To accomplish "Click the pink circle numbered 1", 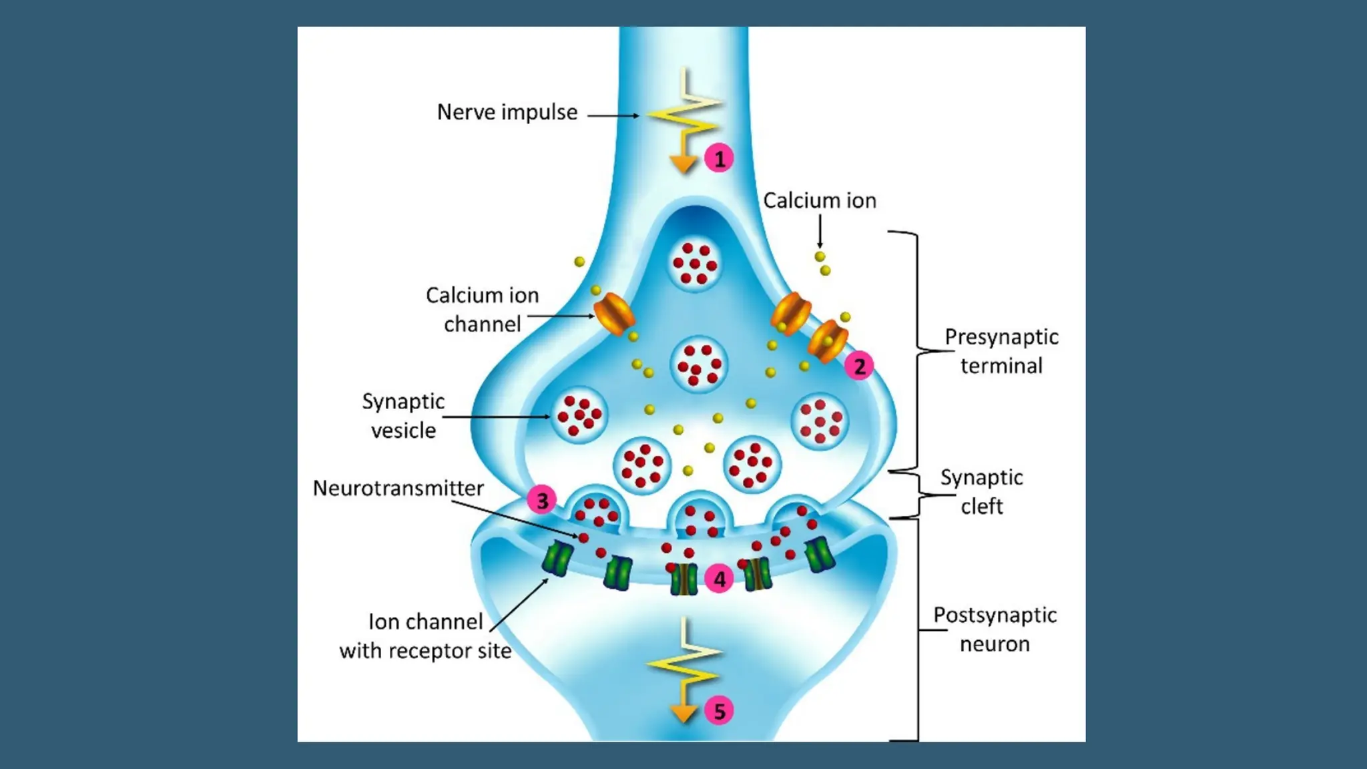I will (x=719, y=159).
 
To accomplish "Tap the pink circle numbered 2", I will (x=859, y=366).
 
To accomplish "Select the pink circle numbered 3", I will (x=542, y=500).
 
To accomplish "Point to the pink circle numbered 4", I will (x=719, y=579).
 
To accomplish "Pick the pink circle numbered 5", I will (x=719, y=711).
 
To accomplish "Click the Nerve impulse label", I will (x=507, y=112).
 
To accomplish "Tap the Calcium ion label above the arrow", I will (x=819, y=200).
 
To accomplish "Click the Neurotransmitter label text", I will (x=398, y=488).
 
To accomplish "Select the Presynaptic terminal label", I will (x=1001, y=351).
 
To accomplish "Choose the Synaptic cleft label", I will (x=981, y=491).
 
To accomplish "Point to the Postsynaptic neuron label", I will (x=995, y=629).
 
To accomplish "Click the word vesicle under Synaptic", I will (x=403, y=431).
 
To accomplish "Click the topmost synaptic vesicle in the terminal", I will (x=695, y=264).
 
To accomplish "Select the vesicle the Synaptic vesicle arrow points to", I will (x=579, y=415).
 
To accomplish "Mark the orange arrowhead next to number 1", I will (x=683, y=164).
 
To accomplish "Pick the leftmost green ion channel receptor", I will (x=557, y=559).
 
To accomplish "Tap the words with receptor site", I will (x=425, y=651).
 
